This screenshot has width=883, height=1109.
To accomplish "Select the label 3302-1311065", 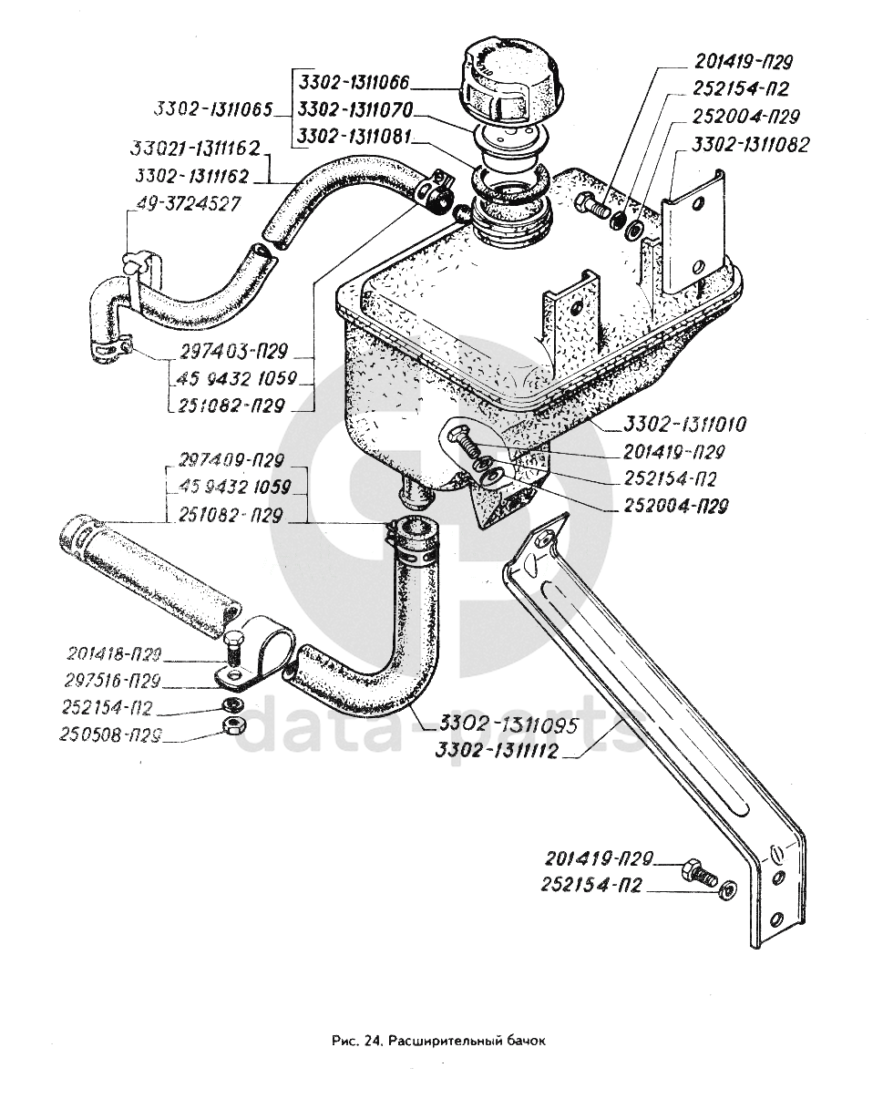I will [212, 110].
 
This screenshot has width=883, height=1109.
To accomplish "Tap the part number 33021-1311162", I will [196, 149].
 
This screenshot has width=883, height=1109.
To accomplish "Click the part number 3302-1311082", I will [750, 144].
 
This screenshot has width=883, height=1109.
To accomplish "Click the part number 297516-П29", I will [114, 679].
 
